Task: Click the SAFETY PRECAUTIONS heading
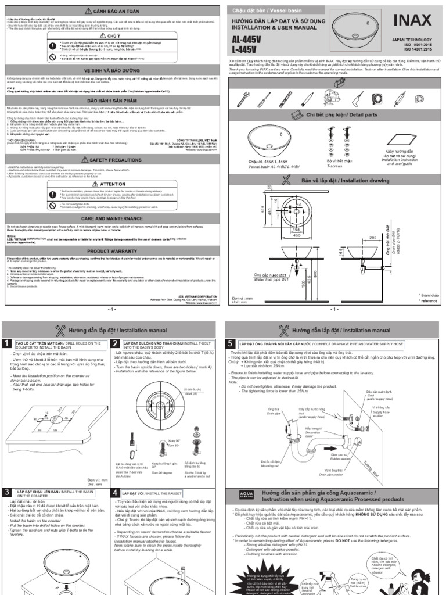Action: (111, 159)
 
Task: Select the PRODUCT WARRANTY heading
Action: (111, 251)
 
